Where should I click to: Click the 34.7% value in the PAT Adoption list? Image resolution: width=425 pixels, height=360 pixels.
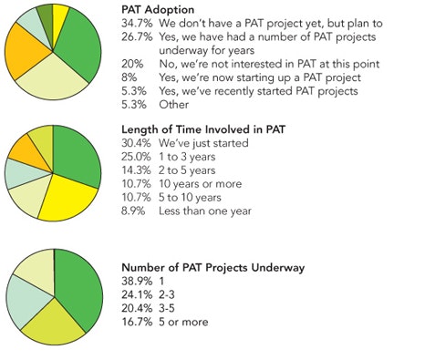point(136,21)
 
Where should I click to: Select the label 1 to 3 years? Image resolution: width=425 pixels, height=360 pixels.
point(190,159)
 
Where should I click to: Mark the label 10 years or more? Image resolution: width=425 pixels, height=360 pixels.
point(200,184)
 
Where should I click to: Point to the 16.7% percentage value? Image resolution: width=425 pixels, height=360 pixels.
point(136,321)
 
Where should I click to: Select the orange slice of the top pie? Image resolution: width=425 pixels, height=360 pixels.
point(25,55)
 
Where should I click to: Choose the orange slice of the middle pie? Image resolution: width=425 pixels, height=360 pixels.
point(25,150)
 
